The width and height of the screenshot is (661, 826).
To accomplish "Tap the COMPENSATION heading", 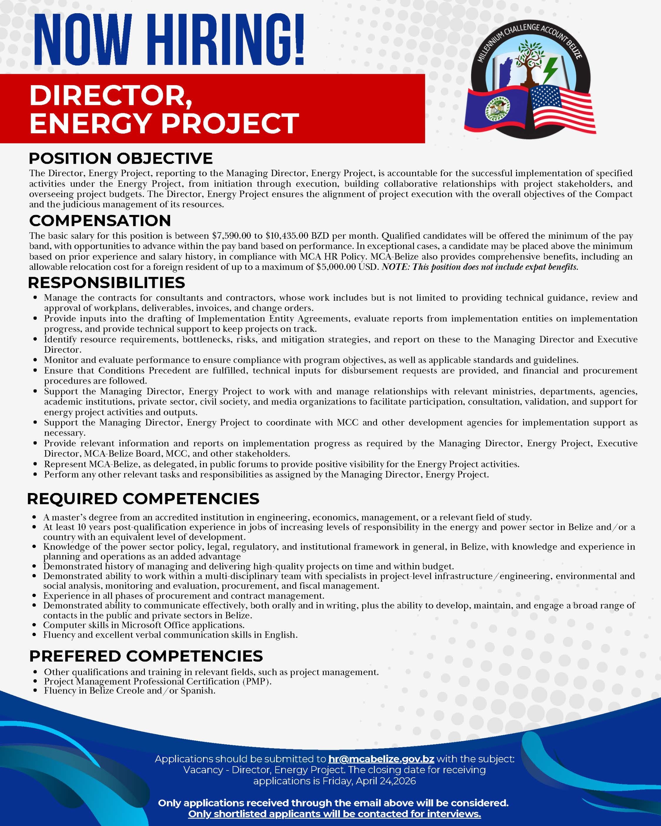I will tap(100, 221).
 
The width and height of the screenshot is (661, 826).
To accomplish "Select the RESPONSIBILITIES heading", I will tap(107, 283).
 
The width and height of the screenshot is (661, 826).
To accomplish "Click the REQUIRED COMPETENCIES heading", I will tap(143, 499).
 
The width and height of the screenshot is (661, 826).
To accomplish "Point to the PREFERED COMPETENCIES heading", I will tap(146, 656).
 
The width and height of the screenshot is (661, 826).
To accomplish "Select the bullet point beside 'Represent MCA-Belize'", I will tap(35, 464).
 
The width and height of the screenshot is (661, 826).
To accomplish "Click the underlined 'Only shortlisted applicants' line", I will tap(334, 814).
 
